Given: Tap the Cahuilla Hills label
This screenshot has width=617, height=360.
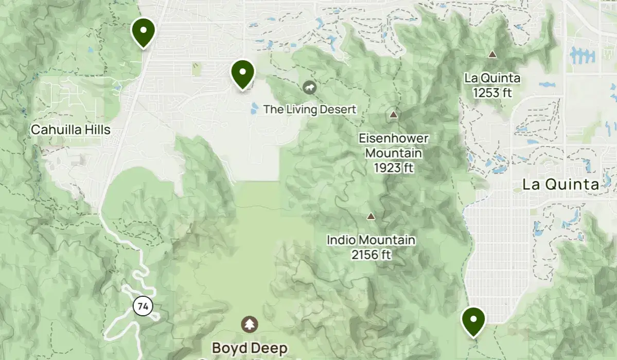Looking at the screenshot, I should click(70, 130).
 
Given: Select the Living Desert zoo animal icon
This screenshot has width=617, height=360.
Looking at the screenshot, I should click(309, 87).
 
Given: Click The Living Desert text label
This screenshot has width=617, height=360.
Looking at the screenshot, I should click(310, 110).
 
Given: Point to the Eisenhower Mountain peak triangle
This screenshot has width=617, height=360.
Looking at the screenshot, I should click(394, 114).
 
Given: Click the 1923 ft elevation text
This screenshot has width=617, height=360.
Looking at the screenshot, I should click(394, 168).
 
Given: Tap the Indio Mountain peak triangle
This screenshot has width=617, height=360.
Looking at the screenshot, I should click(371, 217).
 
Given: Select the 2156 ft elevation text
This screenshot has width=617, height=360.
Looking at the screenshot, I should click(371, 254).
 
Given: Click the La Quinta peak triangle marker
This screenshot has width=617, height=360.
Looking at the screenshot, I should click(492, 54).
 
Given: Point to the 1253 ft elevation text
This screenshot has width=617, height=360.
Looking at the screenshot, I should click(492, 93).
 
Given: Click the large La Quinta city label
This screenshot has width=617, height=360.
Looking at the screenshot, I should click(560, 185).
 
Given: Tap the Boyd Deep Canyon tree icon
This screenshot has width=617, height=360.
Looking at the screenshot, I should click(250, 324).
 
